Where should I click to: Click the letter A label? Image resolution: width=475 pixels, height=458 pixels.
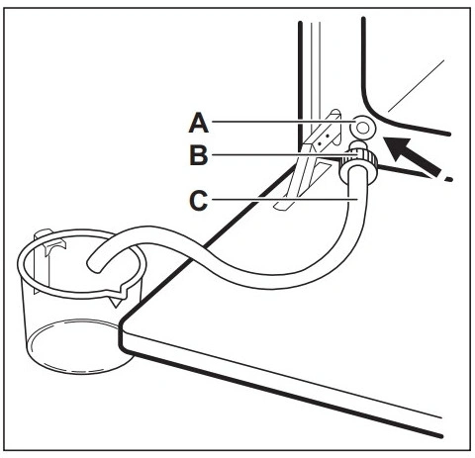click(x=199, y=123)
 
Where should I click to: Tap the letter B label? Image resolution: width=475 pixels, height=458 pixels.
click(x=199, y=155)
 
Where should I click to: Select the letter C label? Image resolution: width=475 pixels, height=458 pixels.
click(x=199, y=200)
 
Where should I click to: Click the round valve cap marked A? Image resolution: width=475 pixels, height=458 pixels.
click(x=363, y=128)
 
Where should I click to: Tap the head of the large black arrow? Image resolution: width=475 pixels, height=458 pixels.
click(x=399, y=149)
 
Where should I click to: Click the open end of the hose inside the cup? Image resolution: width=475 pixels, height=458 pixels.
click(x=94, y=265)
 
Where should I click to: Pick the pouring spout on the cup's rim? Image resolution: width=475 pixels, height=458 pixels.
click(x=117, y=294)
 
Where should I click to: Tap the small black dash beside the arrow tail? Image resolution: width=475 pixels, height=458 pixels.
click(x=448, y=179)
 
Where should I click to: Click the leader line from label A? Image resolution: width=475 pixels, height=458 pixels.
click(x=283, y=122)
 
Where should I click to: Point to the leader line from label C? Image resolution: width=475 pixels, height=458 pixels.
click(x=285, y=199)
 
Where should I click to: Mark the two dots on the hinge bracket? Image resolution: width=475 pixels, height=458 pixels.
click(x=324, y=138)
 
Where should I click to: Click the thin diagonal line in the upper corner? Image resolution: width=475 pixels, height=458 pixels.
click(x=417, y=86)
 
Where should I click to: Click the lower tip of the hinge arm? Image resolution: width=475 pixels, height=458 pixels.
click(x=281, y=206)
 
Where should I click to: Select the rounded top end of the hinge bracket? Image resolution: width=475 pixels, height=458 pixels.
click(x=335, y=113)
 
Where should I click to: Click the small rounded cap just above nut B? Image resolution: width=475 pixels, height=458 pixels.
click(x=358, y=145)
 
